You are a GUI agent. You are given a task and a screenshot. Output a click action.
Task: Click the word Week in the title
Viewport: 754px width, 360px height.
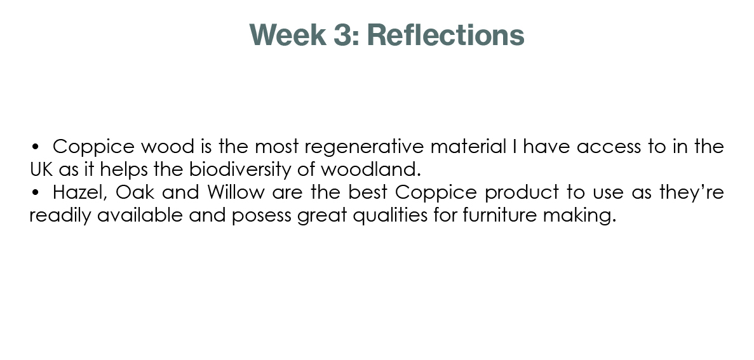tap(288, 35)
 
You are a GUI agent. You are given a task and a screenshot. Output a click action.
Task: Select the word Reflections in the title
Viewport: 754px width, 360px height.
tap(445, 35)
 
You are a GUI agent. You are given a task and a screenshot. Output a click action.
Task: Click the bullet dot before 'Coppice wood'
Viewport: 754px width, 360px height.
tap(35, 146)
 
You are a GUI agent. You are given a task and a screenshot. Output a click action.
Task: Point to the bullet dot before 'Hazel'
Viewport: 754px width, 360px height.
tap(35, 192)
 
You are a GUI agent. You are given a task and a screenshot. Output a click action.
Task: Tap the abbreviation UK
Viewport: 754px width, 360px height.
tap(41, 169)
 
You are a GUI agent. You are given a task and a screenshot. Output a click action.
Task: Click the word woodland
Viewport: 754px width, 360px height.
tap(371, 169)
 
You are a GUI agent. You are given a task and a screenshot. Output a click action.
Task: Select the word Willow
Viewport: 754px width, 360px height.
tap(236, 192)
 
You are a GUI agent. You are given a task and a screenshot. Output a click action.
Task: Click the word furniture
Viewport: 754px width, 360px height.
tap(499, 215)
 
